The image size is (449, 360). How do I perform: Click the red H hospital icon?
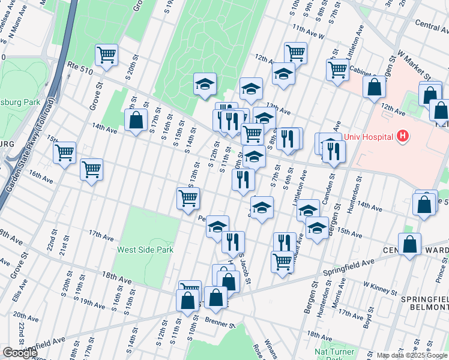(402, 137)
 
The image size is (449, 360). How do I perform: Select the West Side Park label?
(145, 250)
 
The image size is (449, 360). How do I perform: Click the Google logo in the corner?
(20, 353)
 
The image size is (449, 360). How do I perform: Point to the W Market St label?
(414, 64)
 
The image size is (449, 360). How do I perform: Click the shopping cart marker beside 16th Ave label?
(91, 170)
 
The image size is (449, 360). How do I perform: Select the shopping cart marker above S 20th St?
(106, 55)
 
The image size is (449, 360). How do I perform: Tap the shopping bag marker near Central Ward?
(409, 245)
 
